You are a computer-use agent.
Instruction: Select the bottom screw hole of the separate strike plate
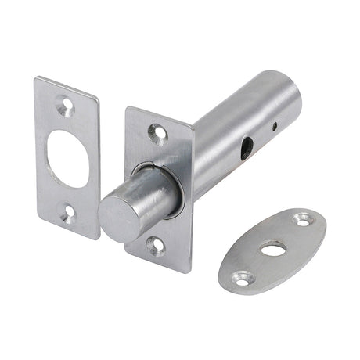coord(69,209)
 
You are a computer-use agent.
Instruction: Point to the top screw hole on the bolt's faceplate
coord(159,132)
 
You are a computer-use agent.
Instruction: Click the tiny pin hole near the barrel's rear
coord(275,126)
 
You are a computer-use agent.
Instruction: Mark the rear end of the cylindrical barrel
coord(287,88)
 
